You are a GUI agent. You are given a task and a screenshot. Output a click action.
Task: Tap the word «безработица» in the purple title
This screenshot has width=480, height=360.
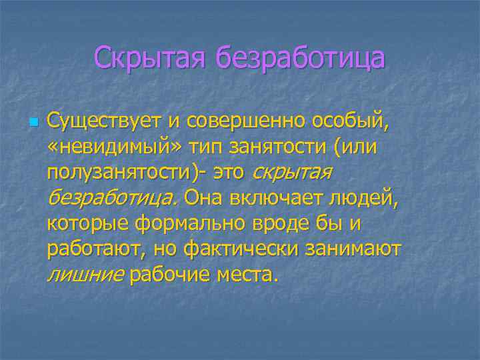(299, 57)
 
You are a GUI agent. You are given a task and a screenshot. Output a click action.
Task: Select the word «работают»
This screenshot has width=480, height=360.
(95, 249)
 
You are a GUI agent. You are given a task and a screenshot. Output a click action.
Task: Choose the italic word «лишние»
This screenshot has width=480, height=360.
(85, 274)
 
